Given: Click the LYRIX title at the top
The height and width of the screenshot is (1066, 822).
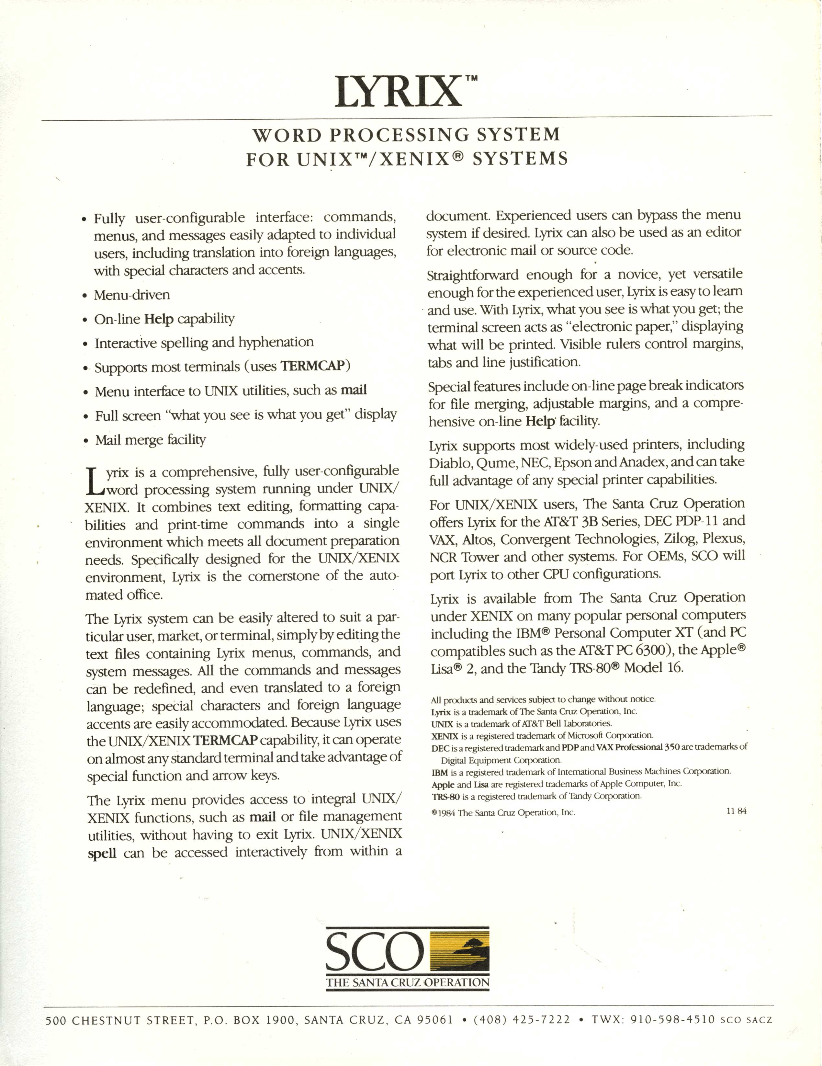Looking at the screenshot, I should click(x=398, y=92).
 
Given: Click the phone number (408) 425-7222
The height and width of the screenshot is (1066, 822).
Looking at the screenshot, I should click(x=522, y=1020).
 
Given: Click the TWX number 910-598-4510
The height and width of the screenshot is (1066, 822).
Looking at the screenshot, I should click(x=673, y=1020).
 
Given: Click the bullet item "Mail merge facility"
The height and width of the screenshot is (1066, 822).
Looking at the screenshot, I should click(x=150, y=440).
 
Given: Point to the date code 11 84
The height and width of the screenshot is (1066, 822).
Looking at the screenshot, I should click(x=736, y=811).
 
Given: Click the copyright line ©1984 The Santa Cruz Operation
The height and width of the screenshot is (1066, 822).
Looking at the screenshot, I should click(x=503, y=812).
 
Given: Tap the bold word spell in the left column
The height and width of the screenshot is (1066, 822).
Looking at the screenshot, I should click(x=102, y=854).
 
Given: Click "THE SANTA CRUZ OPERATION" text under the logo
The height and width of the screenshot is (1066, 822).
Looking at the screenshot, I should click(x=408, y=982).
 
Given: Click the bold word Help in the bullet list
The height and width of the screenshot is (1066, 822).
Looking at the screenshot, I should click(x=159, y=319).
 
